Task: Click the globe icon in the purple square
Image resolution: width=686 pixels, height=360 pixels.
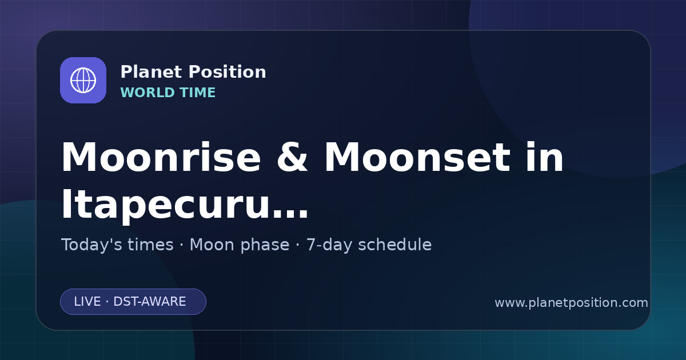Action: [x=83, y=80]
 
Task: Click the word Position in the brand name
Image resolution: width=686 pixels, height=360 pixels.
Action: [x=228, y=72]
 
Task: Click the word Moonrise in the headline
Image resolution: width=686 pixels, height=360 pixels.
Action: [x=161, y=157]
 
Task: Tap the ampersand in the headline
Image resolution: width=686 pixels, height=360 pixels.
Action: [x=292, y=157]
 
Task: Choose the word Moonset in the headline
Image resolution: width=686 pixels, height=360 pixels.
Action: [x=417, y=157]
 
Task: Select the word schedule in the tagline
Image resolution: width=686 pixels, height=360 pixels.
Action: [x=395, y=245]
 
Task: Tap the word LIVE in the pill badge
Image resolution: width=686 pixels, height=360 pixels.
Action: [x=87, y=302]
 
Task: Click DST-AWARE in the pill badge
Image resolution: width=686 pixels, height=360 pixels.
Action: [x=150, y=302]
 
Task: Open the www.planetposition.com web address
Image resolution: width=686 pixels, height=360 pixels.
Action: [x=572, y=303]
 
